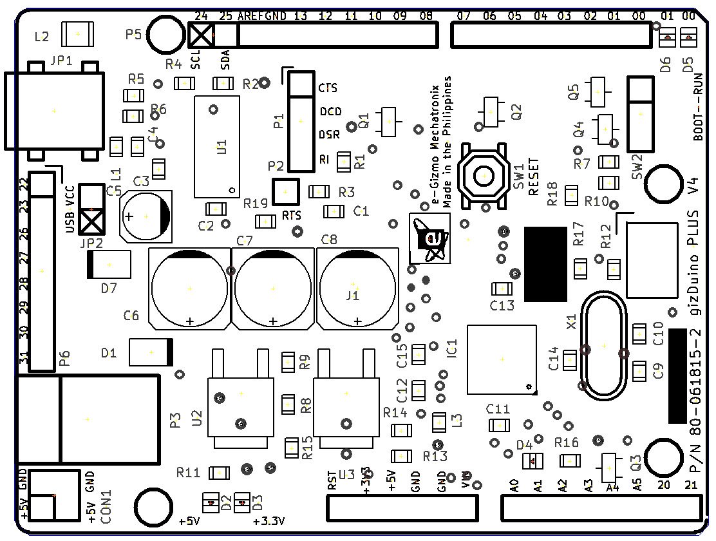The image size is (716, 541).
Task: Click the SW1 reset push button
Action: coord(484,175)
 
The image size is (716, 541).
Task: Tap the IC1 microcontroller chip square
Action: coord(502,359)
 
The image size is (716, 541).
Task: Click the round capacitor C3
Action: coord(146,216)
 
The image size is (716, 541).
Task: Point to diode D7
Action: coord(109,265)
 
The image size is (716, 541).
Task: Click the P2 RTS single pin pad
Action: coord(285,191)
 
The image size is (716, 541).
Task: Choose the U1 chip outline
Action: coord(217,147)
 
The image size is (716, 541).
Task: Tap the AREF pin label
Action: coord(250,15)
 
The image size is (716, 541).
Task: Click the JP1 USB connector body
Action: coord(53,111)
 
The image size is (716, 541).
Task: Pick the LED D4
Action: coord(532,460)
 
